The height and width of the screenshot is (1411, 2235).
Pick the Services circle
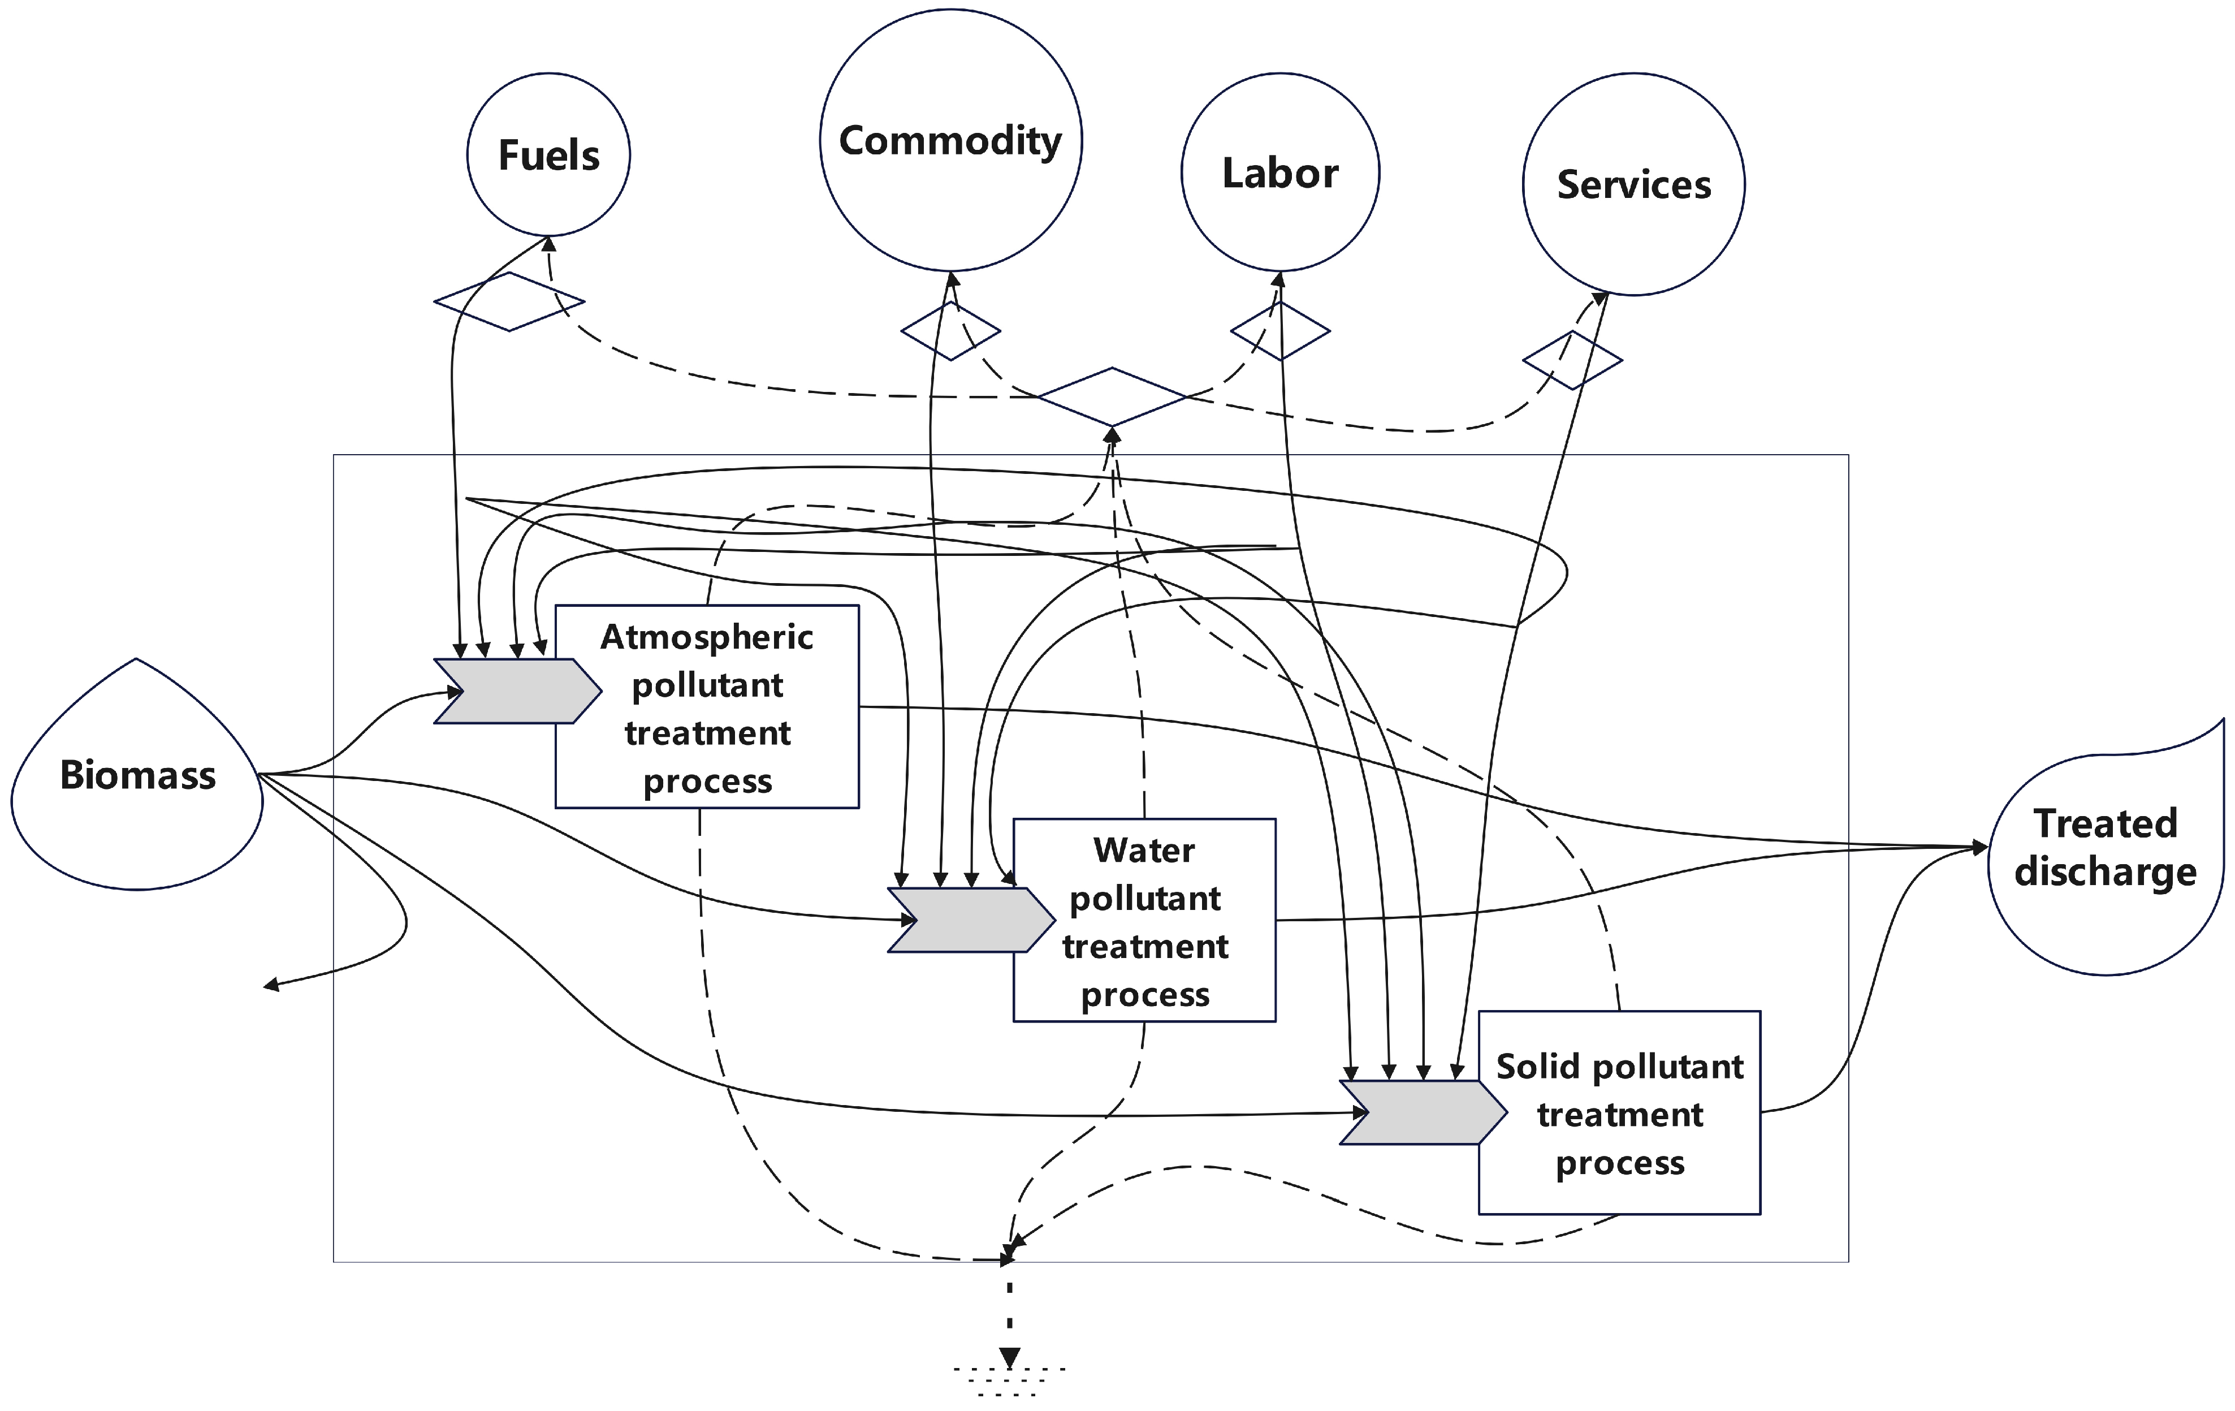1633,185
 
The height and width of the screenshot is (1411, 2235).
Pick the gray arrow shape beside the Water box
961,920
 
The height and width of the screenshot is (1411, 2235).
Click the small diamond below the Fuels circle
509,301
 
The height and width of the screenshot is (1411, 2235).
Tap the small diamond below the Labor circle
1280,330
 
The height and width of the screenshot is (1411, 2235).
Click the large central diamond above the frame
1112,398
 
